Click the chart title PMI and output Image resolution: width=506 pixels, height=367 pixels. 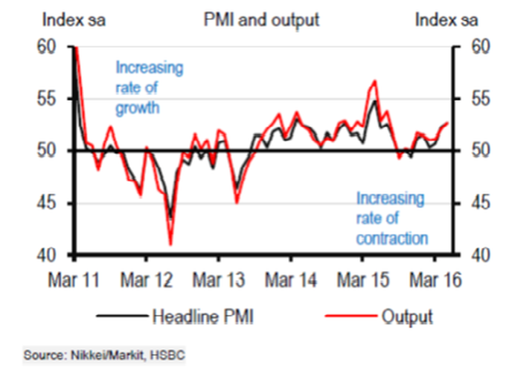261,20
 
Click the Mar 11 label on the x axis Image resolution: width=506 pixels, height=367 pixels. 74,281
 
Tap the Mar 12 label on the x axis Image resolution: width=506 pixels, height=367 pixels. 146,281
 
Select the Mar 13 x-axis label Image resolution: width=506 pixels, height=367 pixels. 218,281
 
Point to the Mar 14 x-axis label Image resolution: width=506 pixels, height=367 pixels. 291,281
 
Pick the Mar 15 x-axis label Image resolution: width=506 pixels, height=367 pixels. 363,281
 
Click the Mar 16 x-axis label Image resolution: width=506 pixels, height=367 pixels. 435,281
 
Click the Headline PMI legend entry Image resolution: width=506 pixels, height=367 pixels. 202,316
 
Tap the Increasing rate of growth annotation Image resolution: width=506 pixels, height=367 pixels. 148,88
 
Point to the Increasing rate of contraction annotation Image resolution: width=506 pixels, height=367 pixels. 391,218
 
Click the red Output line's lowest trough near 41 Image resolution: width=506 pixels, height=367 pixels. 170,243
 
